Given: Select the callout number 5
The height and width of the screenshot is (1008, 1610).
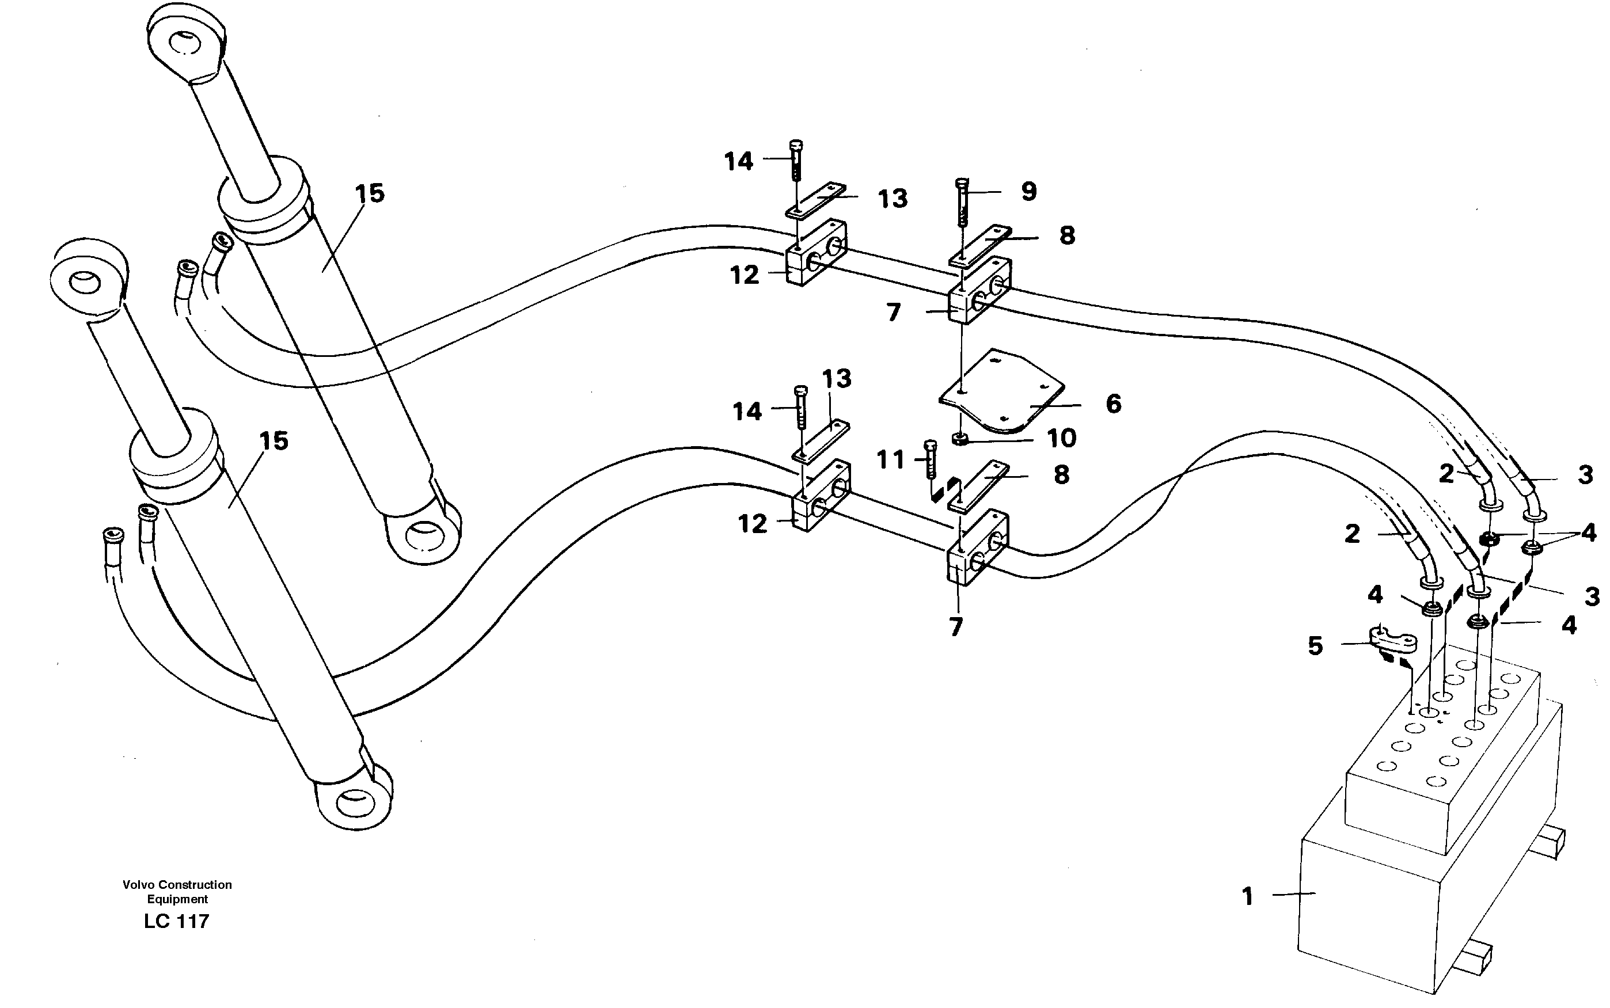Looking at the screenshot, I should pos(1315,645).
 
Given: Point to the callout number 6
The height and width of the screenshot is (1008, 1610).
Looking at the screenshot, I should pos(1113,404).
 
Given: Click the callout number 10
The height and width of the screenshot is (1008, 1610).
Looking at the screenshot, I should pos(1061,439).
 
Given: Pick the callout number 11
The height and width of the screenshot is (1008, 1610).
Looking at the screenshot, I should pos(890,460).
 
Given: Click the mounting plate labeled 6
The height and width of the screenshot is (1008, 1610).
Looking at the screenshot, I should pos(1000,390).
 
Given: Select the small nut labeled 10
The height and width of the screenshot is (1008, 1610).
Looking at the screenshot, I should pos(960,439).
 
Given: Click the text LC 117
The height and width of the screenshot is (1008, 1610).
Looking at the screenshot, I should pos(176,921).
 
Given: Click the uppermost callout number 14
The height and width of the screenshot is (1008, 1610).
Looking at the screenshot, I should pos(739,161).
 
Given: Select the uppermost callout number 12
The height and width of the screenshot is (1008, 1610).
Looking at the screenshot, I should pos(744,275).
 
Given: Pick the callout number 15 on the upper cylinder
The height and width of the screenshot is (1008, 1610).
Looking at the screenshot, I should pos(369,194).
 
